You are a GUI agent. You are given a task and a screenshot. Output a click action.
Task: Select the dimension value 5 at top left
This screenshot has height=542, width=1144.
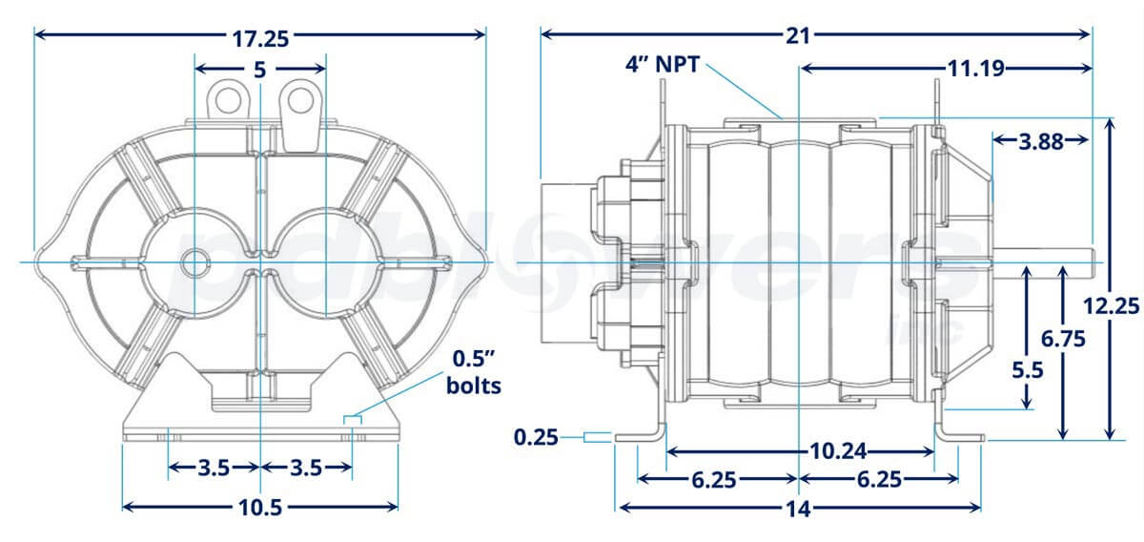pos(259,70)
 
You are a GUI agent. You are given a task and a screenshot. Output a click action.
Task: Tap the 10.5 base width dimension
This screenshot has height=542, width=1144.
pos(260,507)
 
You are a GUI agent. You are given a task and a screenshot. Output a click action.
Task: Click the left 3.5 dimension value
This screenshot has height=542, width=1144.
pos(214,468)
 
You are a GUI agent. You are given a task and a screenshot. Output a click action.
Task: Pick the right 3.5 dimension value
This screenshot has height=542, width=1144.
pos(306,468)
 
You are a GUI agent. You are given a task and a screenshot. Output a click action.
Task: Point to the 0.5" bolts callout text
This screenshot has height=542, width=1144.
pos(475,373)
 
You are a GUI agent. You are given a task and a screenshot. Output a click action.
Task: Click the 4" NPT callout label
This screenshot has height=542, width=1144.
pos(663,66)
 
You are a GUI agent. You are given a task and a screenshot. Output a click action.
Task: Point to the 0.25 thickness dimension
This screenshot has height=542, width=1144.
pos(536,437)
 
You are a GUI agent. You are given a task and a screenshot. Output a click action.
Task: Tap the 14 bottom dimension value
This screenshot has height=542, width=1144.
pos(799,509)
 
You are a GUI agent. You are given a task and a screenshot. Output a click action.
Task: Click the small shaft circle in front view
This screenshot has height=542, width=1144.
pos(195,261)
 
